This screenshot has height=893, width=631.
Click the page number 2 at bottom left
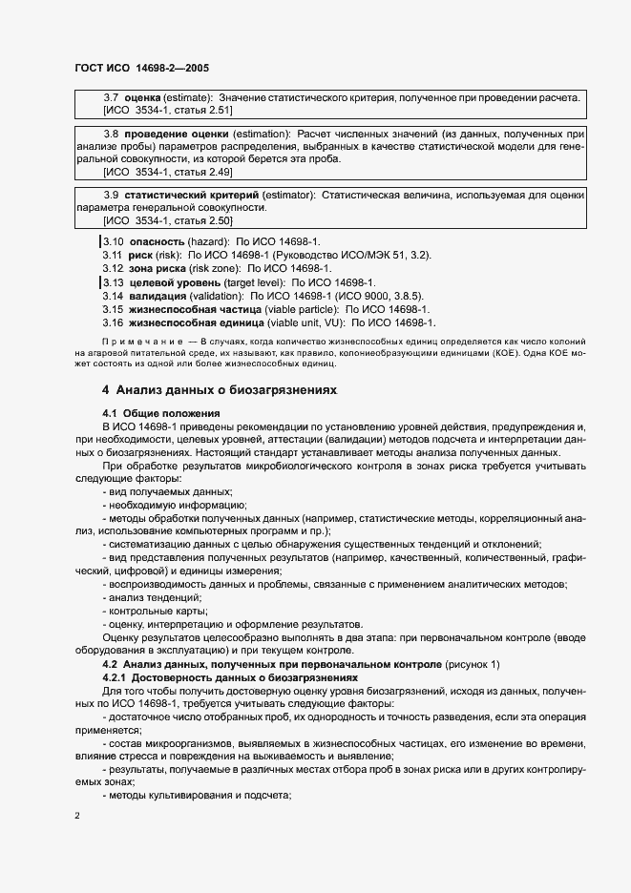click(77, 816)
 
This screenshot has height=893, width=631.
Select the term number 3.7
click(110, 98)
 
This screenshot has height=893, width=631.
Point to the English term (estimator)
click(284, 196)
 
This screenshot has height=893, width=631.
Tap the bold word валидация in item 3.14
click(159, 297)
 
